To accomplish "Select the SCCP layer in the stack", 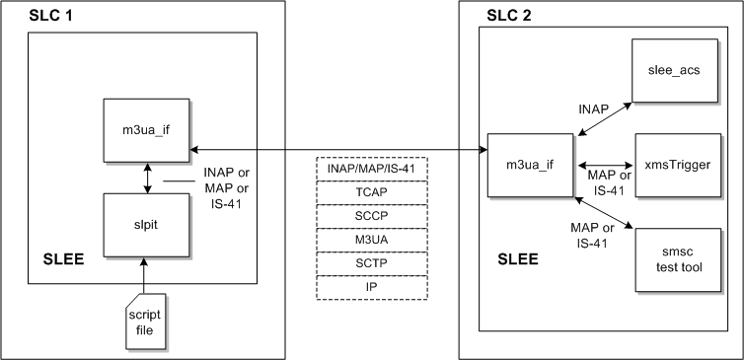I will coord(371,215).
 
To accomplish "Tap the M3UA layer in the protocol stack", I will coord(371,240).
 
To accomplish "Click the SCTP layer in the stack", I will coord(371,263).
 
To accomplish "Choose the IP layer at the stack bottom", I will coord(371,287).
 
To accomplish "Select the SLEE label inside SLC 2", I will coord(515,260).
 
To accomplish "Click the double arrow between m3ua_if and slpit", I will coord(147,178).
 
